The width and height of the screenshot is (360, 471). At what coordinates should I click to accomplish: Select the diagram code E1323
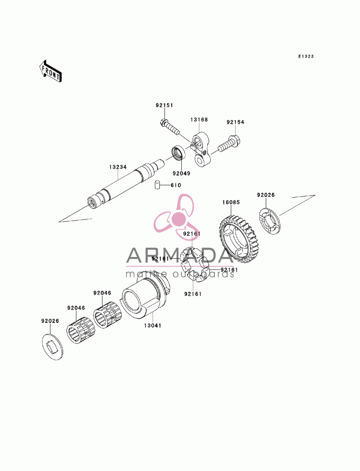click(x=306, y=56)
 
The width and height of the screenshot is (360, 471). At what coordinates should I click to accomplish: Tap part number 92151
click(x=164, y=105)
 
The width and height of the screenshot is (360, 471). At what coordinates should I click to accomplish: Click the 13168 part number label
click(x=199, y=119)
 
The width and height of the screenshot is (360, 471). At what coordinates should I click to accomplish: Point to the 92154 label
click(x=235, y=122)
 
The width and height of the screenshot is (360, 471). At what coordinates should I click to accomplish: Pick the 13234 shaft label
click(x=118, y=167)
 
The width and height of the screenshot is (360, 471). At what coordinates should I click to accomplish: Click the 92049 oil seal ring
click(x=179, y=153)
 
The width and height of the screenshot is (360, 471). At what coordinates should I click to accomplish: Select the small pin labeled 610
click(x=158, y=185)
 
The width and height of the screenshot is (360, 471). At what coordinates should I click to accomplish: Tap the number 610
click(x=176, y=185)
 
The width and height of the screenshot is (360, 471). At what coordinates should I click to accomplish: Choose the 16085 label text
click(x=231, y=202)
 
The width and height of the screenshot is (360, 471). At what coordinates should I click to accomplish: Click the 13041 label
click(x=152, y=326)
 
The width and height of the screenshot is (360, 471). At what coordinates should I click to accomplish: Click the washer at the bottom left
click(x=53, y=347)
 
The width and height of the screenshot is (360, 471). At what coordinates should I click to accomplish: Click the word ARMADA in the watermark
click(x=180, y=255)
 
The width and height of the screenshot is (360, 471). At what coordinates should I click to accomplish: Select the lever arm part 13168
click(x=201, y=149)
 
